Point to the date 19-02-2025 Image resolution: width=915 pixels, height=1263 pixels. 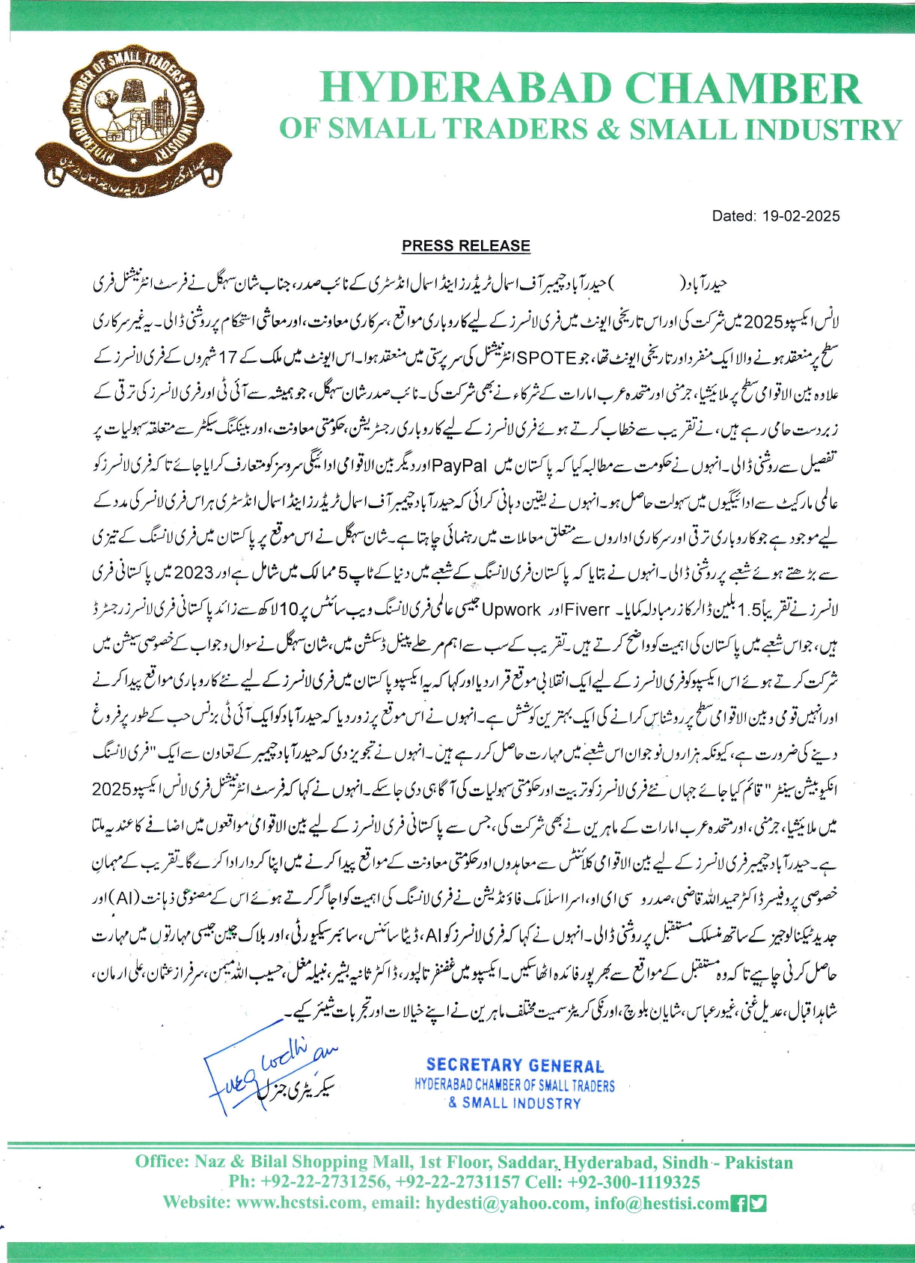(x=801, y=216)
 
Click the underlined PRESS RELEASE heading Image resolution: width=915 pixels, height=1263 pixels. (x=465, y=246)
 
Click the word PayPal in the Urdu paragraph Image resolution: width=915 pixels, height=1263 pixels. (x=459, y=465)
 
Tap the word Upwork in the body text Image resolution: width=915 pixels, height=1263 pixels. (x=511, y=609)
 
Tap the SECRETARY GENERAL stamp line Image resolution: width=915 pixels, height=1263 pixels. (x=515, y=1065)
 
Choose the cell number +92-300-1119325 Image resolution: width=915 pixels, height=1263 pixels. (x=634, y=1182)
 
